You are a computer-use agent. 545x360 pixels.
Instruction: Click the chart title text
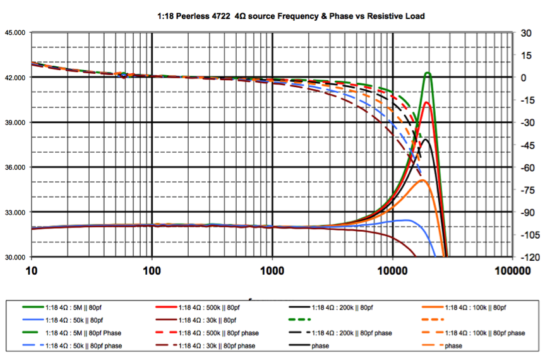[272, 16]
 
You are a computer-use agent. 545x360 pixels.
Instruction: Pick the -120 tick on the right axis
[528, 257]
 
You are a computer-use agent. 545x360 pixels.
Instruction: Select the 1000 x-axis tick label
[272, 271]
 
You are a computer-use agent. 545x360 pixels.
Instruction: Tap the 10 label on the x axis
[31, 271]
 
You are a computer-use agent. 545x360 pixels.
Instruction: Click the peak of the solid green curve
[428, 73]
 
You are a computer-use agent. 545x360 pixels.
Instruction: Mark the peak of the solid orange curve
[422, 181]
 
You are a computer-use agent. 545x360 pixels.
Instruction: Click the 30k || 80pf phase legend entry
[218, 345]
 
